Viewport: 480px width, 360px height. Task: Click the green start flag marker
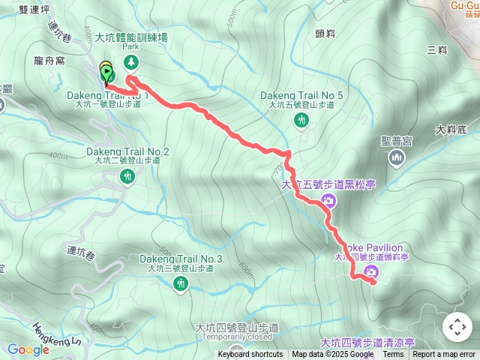[107, 73]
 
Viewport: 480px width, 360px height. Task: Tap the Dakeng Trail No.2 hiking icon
[127, 176]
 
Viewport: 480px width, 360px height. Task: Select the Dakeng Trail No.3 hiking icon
[181, 284]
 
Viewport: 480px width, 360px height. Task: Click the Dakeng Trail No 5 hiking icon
[302, 120]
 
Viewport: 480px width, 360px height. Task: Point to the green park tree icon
[132, 61]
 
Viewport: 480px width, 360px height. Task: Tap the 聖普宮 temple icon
[397, 157]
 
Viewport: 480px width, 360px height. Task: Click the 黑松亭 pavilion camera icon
[328, 200]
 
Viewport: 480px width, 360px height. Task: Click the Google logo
[28, 349]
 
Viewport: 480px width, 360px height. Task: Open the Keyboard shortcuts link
[250, 355]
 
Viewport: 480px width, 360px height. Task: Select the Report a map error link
[444, 355]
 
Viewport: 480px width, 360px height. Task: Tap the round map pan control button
[457, 327]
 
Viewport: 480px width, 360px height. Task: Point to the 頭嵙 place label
[325, 33]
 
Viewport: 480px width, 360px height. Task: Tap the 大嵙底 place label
[450, 129]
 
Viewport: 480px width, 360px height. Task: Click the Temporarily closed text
[236, 337]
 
